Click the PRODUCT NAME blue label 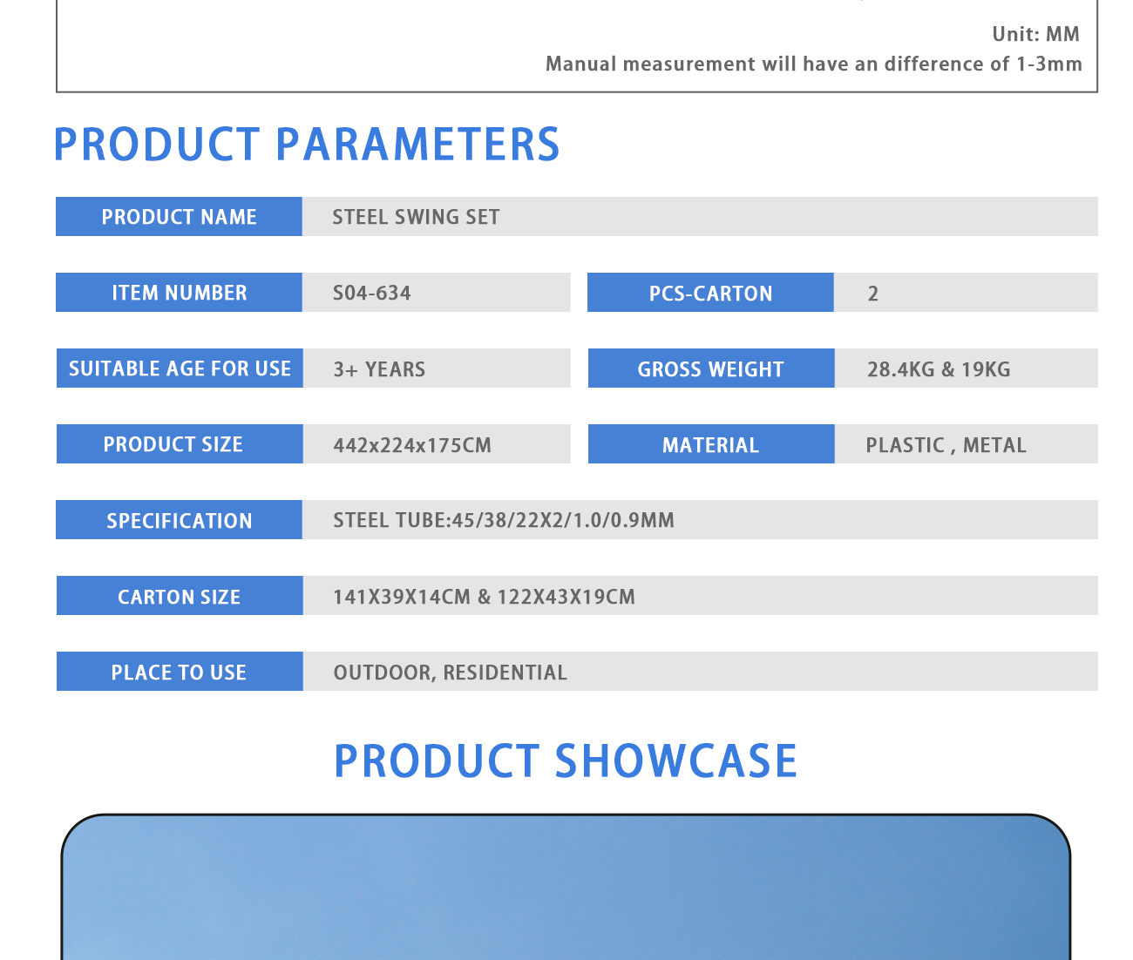point(179,216)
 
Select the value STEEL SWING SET point(416,217)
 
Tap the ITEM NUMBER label point(179,292)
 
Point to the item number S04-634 point(371,293)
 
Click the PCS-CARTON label point(710,292)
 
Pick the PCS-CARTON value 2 point(872,294)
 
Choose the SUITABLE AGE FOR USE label point(180,368)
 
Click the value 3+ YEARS point(379,368)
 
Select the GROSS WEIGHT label point(711,368)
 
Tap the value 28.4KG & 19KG point(939,368)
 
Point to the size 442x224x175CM point(412,445)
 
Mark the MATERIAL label point(711,443)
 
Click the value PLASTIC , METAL point(946,445)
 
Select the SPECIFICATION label point(179,519)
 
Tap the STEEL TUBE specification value point(504,520)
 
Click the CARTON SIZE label point(180,595)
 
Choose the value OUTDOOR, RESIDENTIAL point(450,673)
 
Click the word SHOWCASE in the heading point(675,761)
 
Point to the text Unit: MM point(1035,34)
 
